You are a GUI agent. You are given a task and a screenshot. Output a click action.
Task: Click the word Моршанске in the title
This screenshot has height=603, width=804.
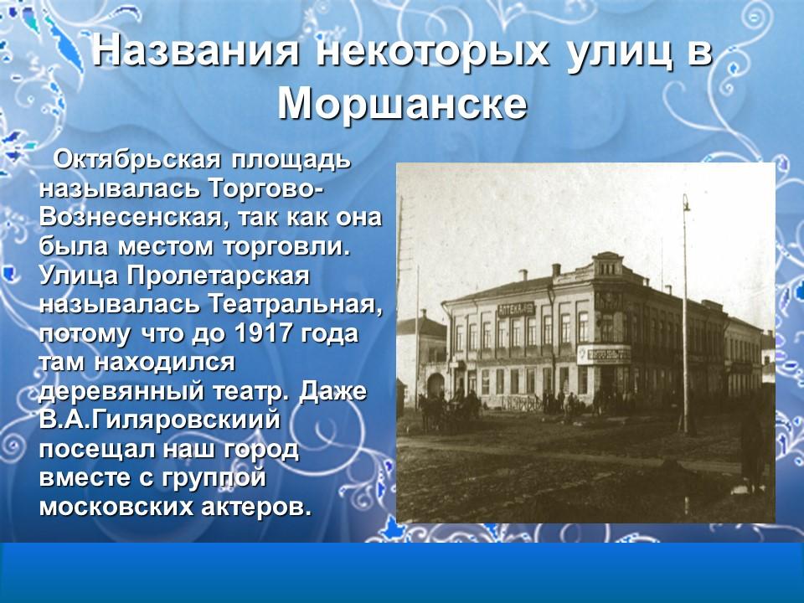click(x=402, y=104)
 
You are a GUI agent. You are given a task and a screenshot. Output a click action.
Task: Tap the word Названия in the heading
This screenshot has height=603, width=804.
click(x=196, y=52)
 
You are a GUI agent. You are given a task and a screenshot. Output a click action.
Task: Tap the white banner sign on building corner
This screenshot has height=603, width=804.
click(x=603, y=353)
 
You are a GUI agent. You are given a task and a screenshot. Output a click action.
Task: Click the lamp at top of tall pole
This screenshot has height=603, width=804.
click(x=685, y=201)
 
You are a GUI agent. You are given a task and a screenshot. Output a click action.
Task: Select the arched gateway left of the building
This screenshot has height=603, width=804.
click(x=435, y=385)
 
